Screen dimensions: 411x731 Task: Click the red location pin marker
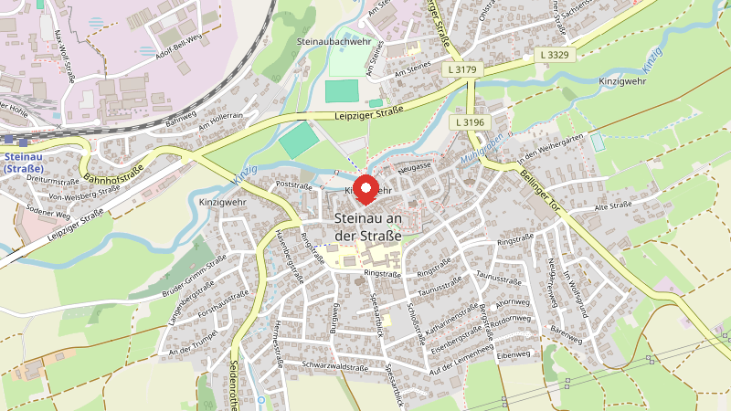tap(366, 189)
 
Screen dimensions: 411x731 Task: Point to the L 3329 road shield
tap(555, 57)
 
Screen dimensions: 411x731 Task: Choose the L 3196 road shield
tap(471, 121)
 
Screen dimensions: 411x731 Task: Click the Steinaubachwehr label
tap(334, 42)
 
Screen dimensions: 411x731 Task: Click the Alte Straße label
tap(613, 208)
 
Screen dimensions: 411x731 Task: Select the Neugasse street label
tap(414, 169)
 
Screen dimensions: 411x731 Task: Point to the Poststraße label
tap(293, 185)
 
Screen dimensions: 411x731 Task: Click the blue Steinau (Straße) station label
tap(24, 163)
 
